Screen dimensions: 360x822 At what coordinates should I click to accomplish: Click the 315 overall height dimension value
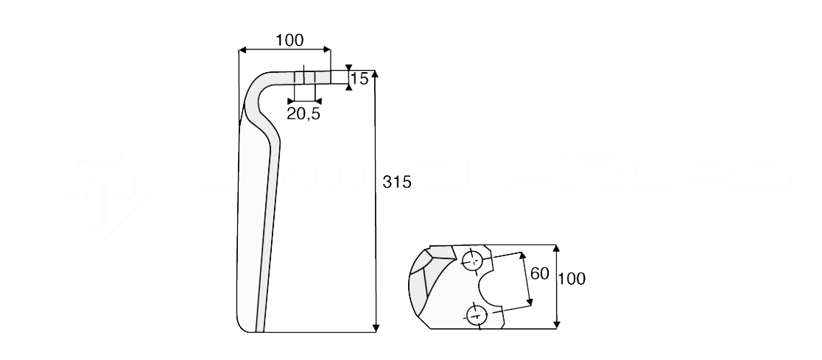point(396,182)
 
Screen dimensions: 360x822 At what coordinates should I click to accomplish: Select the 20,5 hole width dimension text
point(303,113)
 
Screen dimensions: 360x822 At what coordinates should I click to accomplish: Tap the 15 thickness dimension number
point(359,79)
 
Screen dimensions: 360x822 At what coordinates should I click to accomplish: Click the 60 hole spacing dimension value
point(539,273)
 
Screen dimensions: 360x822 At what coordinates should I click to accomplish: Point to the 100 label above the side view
point(289,40)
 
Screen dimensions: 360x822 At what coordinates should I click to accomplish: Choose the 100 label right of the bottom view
point(572,279)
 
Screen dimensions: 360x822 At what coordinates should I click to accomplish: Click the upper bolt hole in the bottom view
point(472,260)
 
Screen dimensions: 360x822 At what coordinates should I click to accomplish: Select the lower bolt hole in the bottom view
point(477,317)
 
